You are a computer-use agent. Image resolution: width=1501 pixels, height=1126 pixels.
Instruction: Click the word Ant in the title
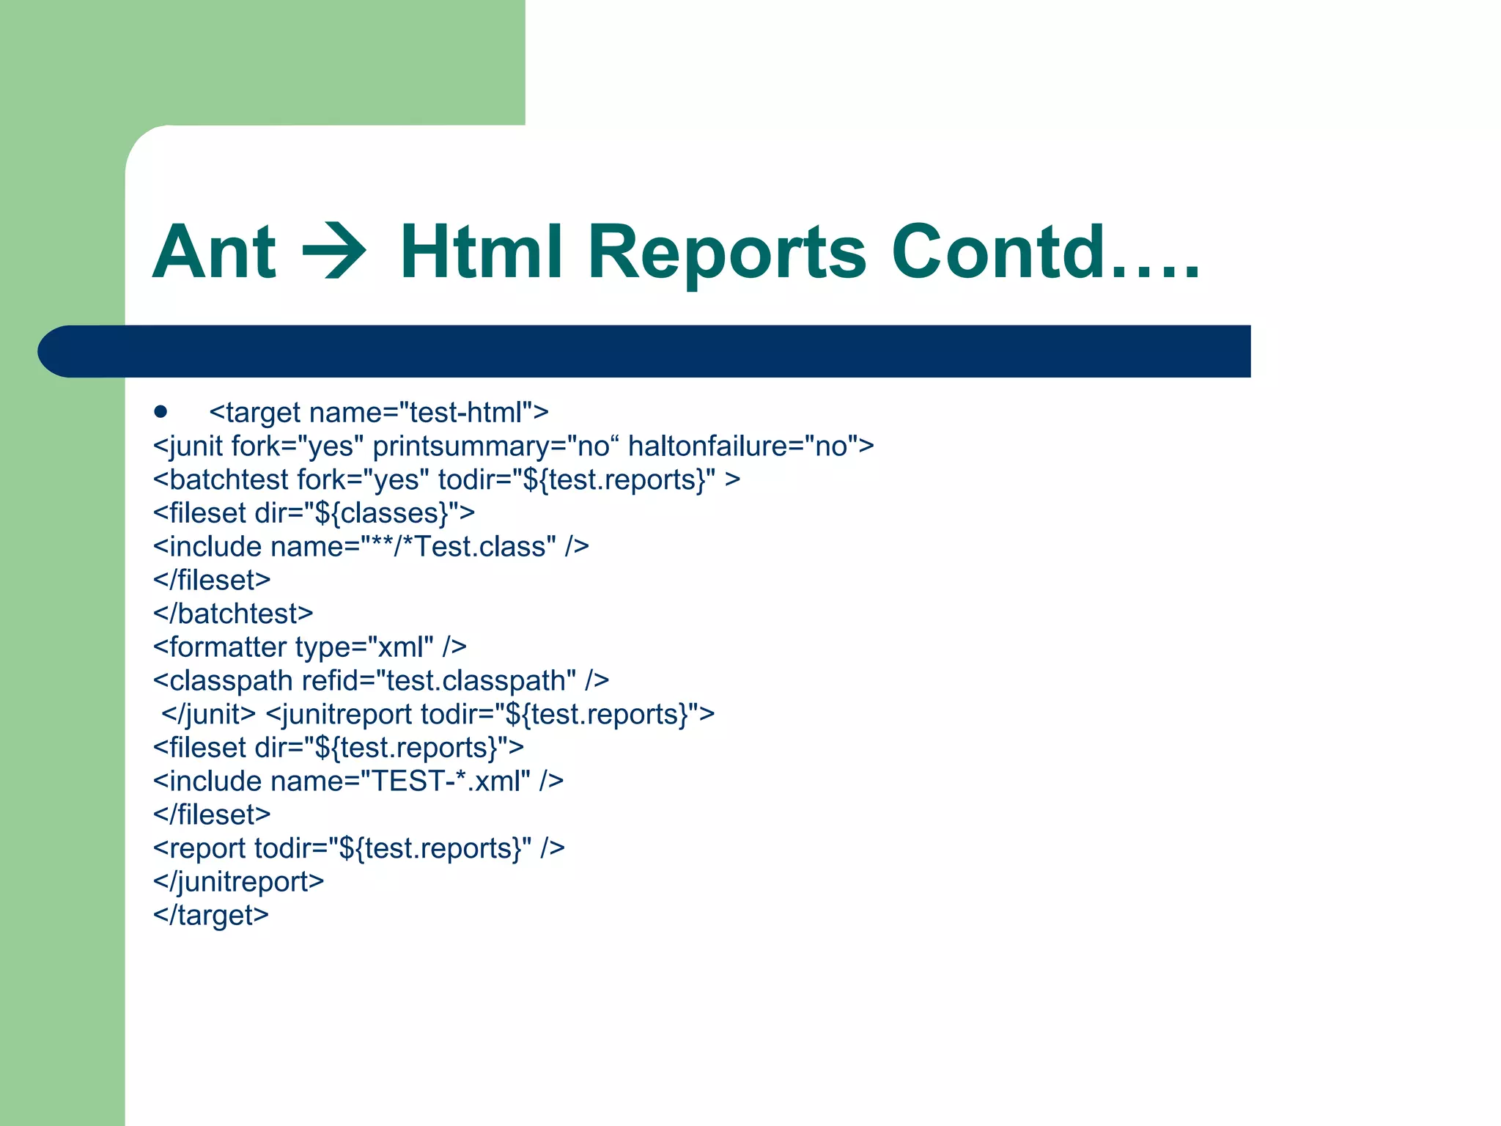point(214,252)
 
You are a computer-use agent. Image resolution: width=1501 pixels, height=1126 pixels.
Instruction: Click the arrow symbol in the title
point(335,252)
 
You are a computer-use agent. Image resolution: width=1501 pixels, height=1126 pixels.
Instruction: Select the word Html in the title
point(481,252)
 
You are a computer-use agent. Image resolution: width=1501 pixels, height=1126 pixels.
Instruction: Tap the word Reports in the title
point(727,252)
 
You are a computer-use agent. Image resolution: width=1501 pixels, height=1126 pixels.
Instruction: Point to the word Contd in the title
point(998,252)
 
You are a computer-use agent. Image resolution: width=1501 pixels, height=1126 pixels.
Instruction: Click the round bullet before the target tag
point(161,412)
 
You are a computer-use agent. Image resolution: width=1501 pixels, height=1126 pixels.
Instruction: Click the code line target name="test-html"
point(378,413)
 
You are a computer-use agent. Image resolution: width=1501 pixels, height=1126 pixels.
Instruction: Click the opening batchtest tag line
point(446,480)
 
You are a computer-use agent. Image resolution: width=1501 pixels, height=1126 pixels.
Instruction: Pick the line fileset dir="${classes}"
point(314,513)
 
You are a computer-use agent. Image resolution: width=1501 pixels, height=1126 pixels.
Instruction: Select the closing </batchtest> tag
point(233,614)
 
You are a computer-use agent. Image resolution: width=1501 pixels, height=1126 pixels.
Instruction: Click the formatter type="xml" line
point(309,647)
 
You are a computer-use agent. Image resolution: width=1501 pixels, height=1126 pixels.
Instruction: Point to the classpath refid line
point(380,681)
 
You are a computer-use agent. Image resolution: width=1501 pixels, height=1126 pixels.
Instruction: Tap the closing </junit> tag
point(208,714)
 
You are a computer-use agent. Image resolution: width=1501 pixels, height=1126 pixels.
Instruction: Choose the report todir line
point(358,848)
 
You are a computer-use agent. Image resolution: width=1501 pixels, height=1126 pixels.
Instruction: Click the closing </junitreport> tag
point(238,882)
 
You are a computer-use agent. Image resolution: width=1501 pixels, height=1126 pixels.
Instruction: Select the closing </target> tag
point(211,916)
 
